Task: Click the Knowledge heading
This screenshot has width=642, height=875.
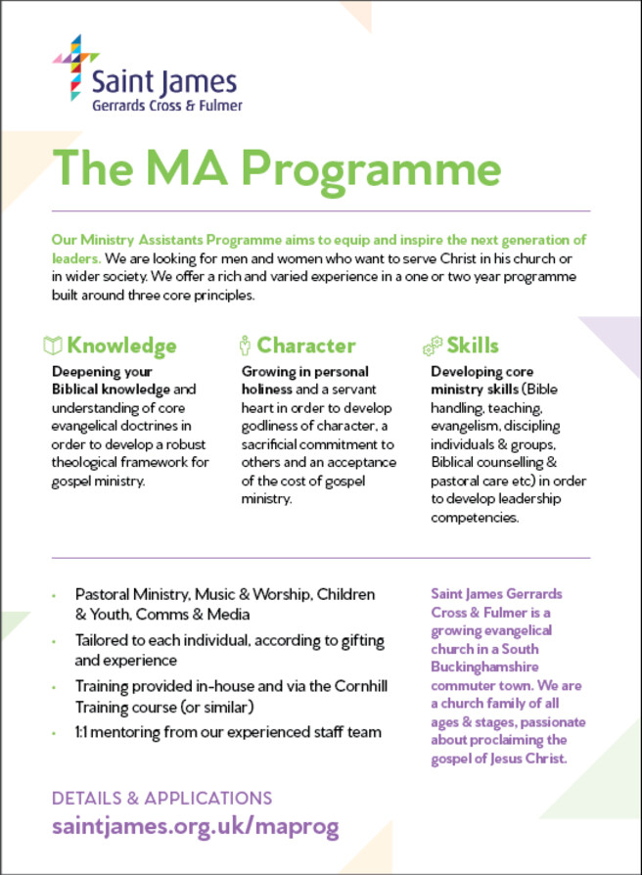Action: (x=121, y=345)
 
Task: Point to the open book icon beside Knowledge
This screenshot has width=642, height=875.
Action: (x=52, y=345)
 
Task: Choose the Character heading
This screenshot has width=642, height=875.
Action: (x=305, y=345)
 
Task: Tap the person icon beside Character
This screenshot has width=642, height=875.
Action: (x=245, y=345)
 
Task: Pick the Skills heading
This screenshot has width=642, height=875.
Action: (x=473, y=345)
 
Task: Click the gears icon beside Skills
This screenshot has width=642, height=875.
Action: (x=432, y=345)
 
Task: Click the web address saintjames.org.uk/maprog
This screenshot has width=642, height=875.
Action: (x=196, y=826)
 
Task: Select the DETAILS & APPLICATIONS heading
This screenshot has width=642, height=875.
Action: (x=161, y=798)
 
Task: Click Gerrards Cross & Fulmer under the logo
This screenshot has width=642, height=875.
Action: (x=166, y=105)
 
